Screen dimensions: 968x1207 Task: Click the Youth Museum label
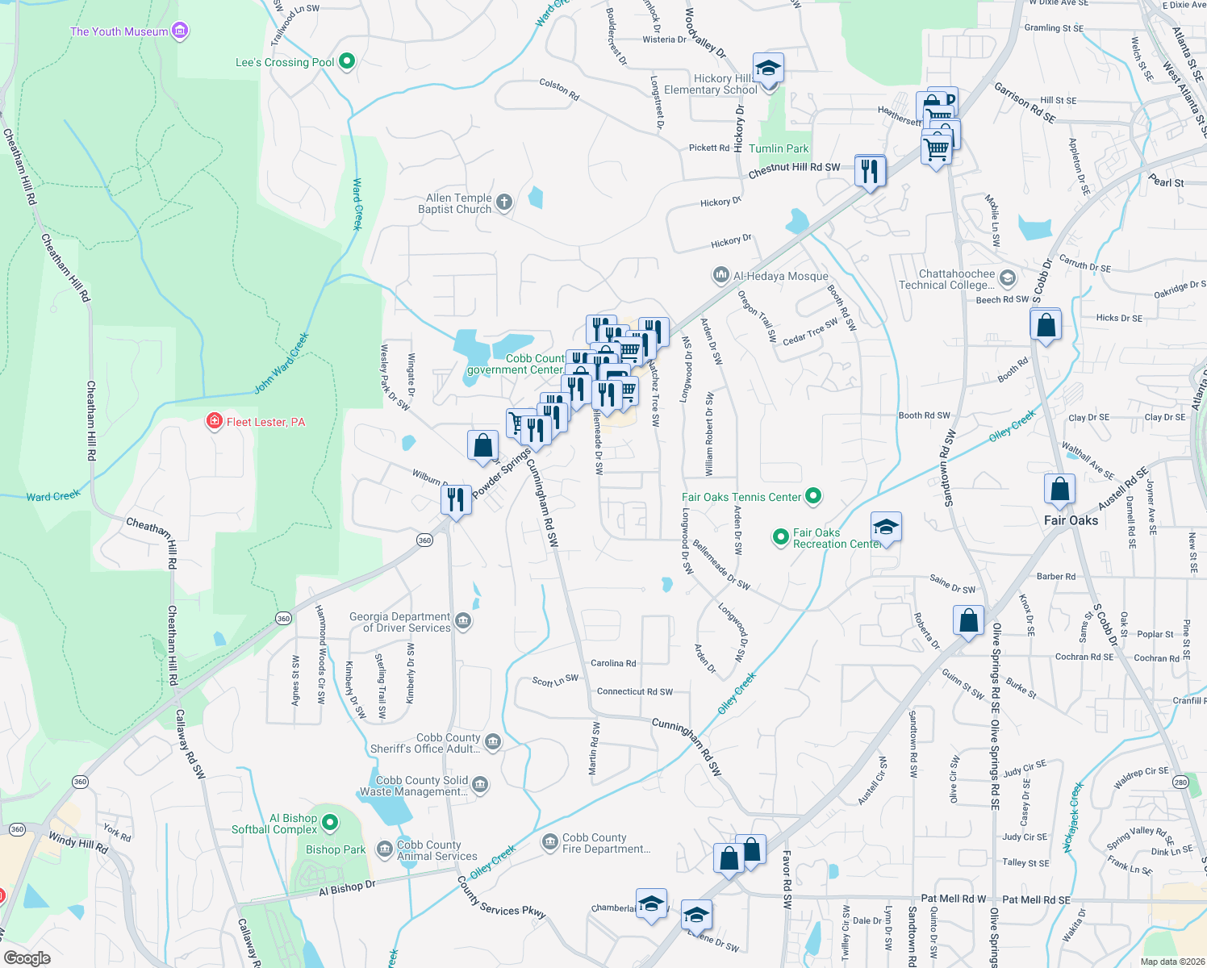pos(119,31)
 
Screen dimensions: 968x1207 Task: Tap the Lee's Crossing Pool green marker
pos(347,61)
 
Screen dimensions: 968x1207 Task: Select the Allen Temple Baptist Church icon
pos(504,202)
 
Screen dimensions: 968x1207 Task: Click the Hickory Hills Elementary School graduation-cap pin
pos(768,69)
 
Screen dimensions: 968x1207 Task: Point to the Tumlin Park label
pos(778,148)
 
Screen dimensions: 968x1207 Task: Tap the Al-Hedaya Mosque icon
pos(720,276)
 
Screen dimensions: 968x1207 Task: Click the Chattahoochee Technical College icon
pos(1007,279)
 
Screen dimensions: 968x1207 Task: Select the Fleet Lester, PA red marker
pos(214,421)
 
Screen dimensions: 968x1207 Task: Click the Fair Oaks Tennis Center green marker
pos(813,497)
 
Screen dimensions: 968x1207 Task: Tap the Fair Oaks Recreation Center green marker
pos(780,536)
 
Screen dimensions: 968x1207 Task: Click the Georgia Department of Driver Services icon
pos(463,621)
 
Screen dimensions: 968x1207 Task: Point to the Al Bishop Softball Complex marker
pos(329,823)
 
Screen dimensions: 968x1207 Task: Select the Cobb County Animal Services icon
pos(385,850)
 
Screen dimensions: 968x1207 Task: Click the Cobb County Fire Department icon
pos(550,843)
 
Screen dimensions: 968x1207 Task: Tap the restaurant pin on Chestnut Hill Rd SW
pos(870,172)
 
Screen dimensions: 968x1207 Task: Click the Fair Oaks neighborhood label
pos(1071,520)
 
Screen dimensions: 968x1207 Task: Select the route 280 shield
pos(1181,782)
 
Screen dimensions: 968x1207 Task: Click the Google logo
pos(27,958)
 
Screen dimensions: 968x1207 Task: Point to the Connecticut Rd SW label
pos(634,691)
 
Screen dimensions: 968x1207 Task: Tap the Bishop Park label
pos(336,849)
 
